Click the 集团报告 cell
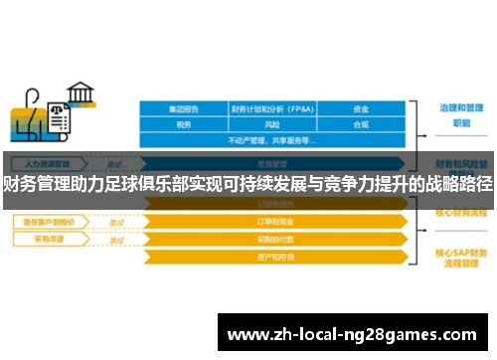tap(183, 109)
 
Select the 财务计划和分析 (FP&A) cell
tap(273, 109)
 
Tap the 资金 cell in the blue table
tap(361, 109)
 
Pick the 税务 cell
tap(183, 125)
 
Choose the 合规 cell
tap(361, 125)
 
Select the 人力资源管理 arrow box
tap(47, 163)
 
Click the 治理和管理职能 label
tap(460, 113)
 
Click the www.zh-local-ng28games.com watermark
tap(353, 334)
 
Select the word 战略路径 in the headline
tap(458, 183)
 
